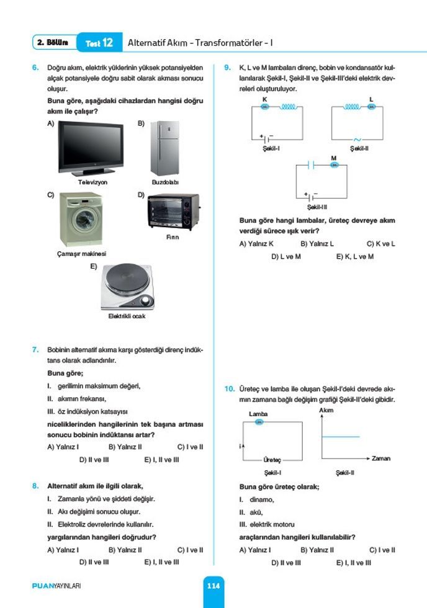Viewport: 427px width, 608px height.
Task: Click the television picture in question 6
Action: coord(91,148)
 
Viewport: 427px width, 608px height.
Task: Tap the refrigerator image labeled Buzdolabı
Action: coord(165,148)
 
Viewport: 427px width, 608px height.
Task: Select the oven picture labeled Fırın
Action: coord(173,212)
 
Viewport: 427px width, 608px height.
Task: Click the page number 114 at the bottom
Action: coord(213,586)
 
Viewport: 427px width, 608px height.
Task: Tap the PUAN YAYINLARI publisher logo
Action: coord(56,586)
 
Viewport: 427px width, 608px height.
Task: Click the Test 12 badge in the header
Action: coord(99,43)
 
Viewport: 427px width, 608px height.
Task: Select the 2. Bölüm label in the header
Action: coord(52,42)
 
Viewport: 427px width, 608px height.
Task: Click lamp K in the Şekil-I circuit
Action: coord(265,107)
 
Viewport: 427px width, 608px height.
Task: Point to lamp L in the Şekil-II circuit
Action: coord(371,107)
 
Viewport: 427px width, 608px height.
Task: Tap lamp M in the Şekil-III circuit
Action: coord(335,165)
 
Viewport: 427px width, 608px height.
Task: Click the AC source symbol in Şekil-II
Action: coord(357,140)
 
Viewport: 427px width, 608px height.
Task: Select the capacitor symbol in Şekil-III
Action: coord(311,165)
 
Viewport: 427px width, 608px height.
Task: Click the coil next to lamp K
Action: coord(289,107)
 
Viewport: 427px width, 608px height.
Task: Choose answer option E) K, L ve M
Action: coord(355,257)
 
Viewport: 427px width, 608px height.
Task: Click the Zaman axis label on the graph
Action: coord(381,458)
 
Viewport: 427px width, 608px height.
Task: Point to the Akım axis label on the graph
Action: coord(326,410)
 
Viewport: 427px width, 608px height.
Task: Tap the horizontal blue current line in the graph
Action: coord(341,437)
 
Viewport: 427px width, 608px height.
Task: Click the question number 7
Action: coord(35,350)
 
